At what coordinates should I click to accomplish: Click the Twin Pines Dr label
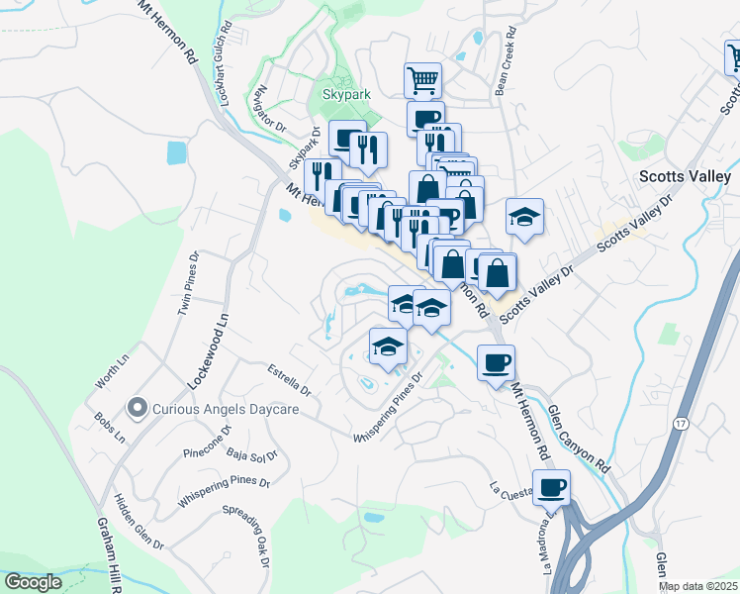[188, 283]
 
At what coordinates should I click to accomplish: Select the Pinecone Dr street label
[207, 442]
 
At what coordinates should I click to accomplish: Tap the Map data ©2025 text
[697, 586]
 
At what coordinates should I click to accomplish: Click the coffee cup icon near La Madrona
[551, 487]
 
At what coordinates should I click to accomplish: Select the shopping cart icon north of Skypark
[422, 79]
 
